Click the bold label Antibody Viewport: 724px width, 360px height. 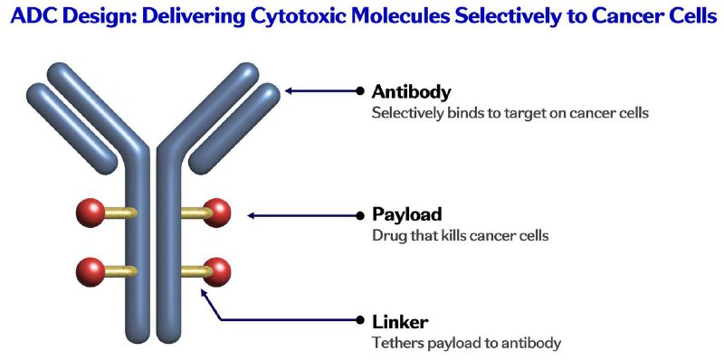click(x=411, y=92)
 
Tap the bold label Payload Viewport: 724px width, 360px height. click(x=406, y=214)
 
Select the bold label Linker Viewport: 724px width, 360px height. click(x=400, y=322)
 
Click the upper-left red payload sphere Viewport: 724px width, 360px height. click(x=90, y=213)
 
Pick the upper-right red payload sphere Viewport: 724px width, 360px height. click(x=217, y=213)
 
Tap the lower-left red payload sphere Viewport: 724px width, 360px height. click(x=90, y=272)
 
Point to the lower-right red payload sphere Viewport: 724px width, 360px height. click(x=217, y=272)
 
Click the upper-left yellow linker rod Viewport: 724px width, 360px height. click(x=120, y=213)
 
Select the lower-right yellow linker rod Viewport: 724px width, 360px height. click(x=195, y=272)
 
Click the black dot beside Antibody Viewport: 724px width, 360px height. click(x=360, y=91)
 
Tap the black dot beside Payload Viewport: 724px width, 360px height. click(x=360, y=215)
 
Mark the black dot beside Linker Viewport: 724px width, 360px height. click(x=360, y=319)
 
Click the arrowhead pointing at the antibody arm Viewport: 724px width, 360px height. click(x=289, y=91)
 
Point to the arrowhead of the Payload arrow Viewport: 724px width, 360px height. click(x=252, y=215)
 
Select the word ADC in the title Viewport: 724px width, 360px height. click(x=32, y=15)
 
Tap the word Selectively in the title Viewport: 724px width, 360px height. click(x=501, y=15)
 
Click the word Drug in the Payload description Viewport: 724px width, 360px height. click(x=386, y=235)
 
